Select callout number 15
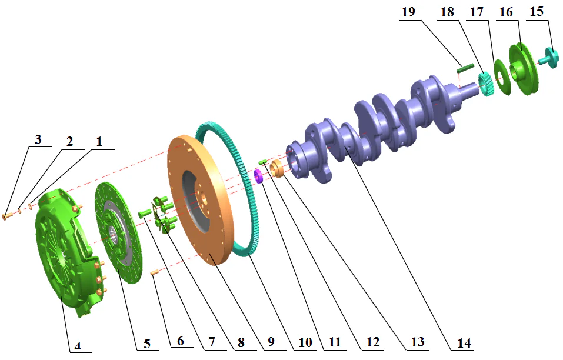535,12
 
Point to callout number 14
465,342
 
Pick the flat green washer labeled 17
501,77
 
